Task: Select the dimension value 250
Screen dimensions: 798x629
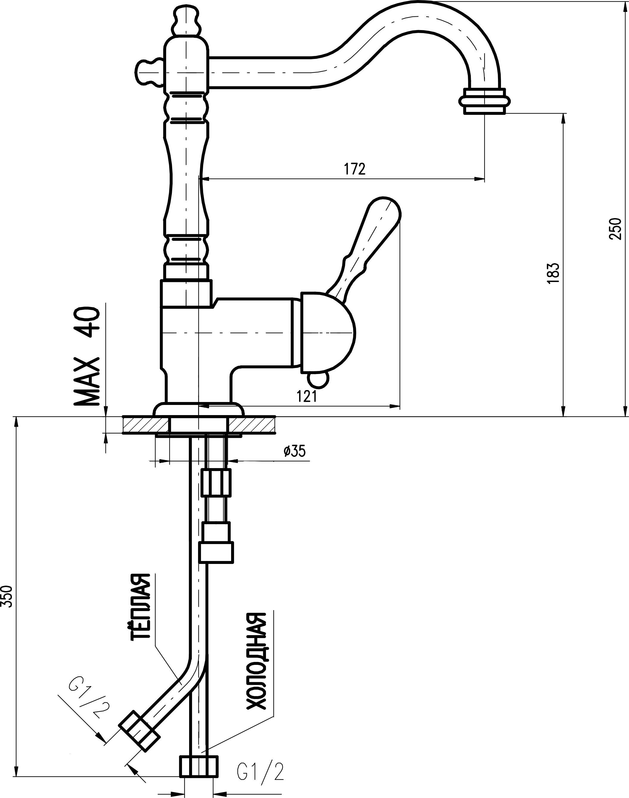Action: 615,229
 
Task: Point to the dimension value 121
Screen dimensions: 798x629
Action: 307,397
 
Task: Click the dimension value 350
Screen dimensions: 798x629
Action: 7,596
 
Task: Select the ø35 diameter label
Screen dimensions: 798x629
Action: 295,451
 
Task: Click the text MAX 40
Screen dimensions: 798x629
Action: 87,356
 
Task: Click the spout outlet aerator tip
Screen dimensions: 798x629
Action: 484,101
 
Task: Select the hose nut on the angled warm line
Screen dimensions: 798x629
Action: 139,732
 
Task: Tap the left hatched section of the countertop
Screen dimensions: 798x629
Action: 145,425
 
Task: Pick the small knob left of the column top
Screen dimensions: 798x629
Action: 148,72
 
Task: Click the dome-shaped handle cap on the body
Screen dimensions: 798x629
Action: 328,333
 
